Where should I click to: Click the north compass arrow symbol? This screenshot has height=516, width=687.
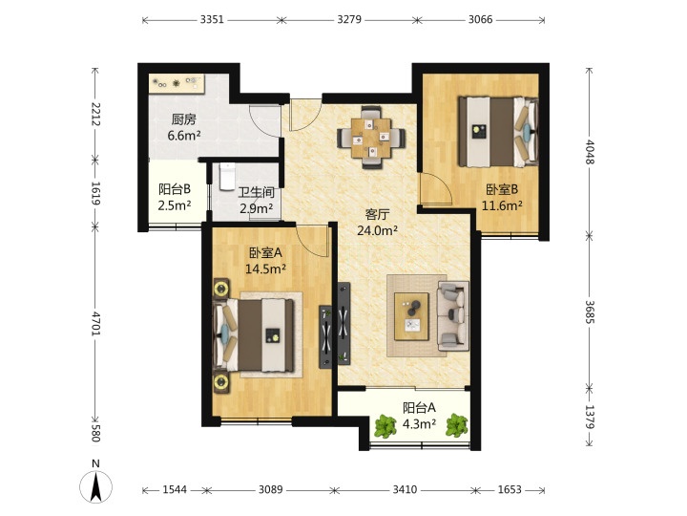pos(95,486)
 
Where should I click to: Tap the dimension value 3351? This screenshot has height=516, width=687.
pos(212,19)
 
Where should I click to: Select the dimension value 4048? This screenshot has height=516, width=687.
pos(590,151)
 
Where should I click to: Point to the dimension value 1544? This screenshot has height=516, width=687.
pos(175,489)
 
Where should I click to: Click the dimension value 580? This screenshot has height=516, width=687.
pos(96,433)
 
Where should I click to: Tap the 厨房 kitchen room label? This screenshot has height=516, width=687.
pos(183,118)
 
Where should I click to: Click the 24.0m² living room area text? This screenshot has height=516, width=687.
pos(377,230)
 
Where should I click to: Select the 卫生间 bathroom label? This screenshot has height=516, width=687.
pos(257,193)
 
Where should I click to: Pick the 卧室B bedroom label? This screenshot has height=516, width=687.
pos(502,189)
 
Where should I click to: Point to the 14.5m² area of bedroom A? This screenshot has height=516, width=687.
pos(265,269)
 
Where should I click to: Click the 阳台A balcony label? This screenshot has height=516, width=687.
pos(419,408)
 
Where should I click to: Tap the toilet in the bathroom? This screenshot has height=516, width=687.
pos(226,177)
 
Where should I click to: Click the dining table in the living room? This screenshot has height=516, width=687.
pos(370,138)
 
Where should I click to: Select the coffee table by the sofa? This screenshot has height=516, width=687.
pos(411,316)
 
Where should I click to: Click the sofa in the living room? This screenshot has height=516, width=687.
pos(452,315)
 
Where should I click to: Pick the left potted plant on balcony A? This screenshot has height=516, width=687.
pos(385,425)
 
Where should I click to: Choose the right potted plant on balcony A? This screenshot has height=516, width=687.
pos(456,425)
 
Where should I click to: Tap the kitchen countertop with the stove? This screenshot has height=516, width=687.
pos(177,83)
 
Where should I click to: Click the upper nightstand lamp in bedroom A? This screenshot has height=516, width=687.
pos(220,289)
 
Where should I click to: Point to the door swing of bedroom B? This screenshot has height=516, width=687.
pos(435,189)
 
